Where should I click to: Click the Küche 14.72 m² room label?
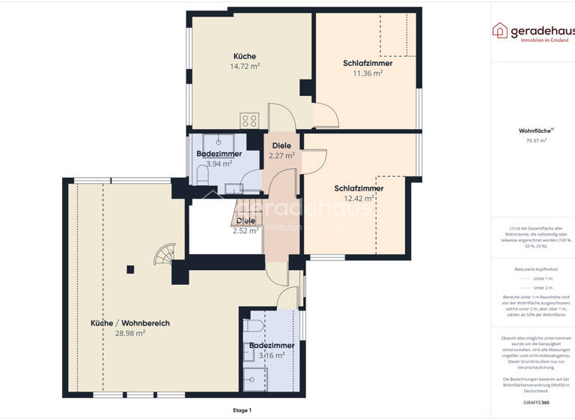[x=244, y=61]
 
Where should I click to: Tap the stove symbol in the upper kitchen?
[x=249, y=120]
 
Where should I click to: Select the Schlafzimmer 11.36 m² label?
[x=368, y=68]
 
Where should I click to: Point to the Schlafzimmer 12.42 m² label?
[x=359, y=193]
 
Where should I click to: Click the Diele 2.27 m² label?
[x=282, y=151]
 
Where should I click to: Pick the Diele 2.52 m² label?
[x=246, y=226]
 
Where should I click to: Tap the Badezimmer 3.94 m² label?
[x=219, y=157]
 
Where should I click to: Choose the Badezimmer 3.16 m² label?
[x=271, y=350]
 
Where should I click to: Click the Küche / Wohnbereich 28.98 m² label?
[x=130, y=328]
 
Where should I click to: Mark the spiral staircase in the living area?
[x=164, y=256]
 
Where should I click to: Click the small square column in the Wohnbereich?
[x=130, y=268]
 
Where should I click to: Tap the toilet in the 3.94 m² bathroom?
[x=202, y=175]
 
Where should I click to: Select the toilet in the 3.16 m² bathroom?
[x=253, y=325]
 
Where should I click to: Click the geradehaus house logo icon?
[x=499, y=30]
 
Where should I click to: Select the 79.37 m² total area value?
[x=535, y=140]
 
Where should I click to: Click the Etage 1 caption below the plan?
[x=242, y=410]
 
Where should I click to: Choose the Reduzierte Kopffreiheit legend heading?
[x=535, y=268]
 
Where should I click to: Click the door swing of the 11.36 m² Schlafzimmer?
[x=325, y=115]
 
